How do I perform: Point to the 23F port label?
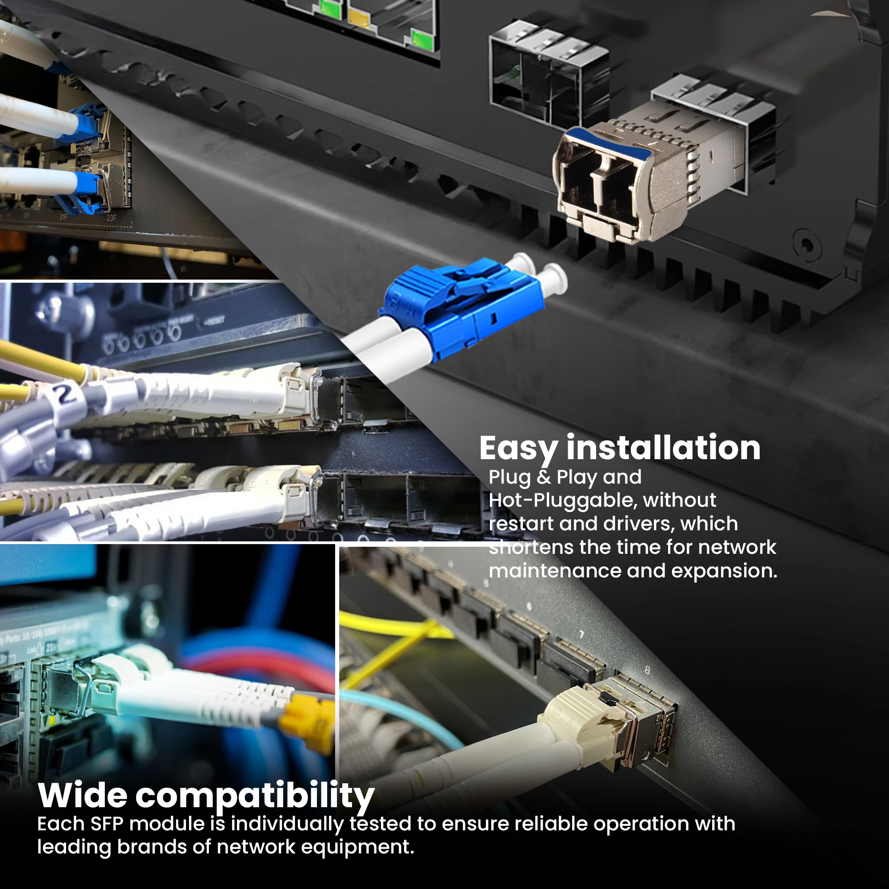tap(112, 218)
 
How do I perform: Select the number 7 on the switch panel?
tap(581, 635)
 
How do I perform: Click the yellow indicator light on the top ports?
tap(358, 18)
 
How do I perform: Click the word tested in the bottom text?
tap(380, 824)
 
